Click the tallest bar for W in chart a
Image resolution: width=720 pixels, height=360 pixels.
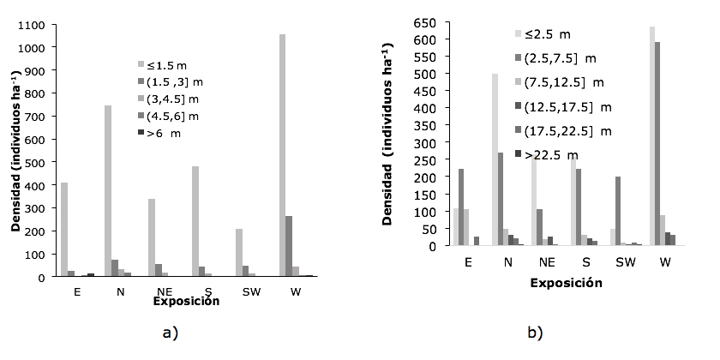[282, 155]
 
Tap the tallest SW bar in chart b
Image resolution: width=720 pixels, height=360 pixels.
[593, 211]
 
